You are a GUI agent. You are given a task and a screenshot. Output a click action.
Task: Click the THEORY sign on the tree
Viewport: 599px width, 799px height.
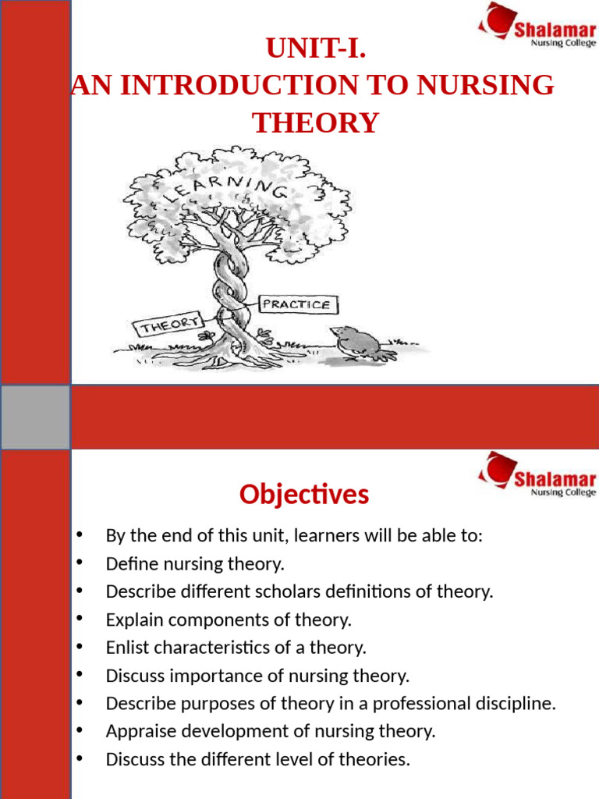(168, 324)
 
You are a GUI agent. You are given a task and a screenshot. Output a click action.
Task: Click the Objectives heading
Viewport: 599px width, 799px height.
(304, 494)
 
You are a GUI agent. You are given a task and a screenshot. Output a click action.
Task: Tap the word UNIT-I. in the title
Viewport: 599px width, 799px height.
(316, 49)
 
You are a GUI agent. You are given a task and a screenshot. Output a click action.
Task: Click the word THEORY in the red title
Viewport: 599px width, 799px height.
(315, 123)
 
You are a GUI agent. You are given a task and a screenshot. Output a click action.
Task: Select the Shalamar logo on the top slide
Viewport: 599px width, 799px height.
(537, 27)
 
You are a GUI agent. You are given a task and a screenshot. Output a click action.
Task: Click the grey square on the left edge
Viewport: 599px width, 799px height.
(35, 417)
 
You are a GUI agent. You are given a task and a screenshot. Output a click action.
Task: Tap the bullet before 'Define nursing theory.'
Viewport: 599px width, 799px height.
(80, 563)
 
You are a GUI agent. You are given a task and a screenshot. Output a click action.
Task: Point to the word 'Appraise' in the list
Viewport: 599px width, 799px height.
(137, 731)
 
